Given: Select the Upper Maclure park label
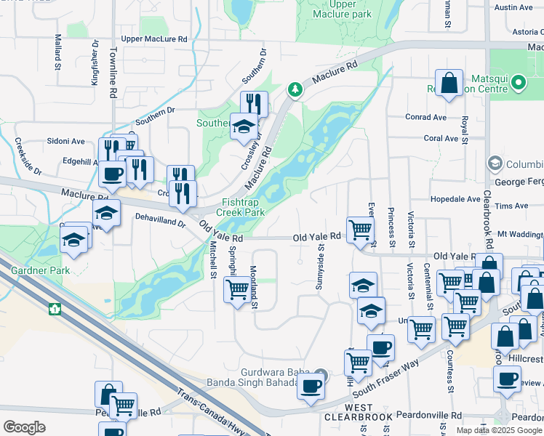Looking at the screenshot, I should (341, 9).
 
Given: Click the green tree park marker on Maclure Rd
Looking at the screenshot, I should (295, 89).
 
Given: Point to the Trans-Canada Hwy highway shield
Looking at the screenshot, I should (54, 309).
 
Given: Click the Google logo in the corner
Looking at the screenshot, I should (24, 427).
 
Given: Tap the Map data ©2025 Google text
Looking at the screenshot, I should (499, 430).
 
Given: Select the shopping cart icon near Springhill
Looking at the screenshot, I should (238, 288).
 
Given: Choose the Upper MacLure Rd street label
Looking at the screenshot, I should (154, 39).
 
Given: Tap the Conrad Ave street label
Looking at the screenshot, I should (425, 117).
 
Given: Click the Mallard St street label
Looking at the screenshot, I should (57, 54).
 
